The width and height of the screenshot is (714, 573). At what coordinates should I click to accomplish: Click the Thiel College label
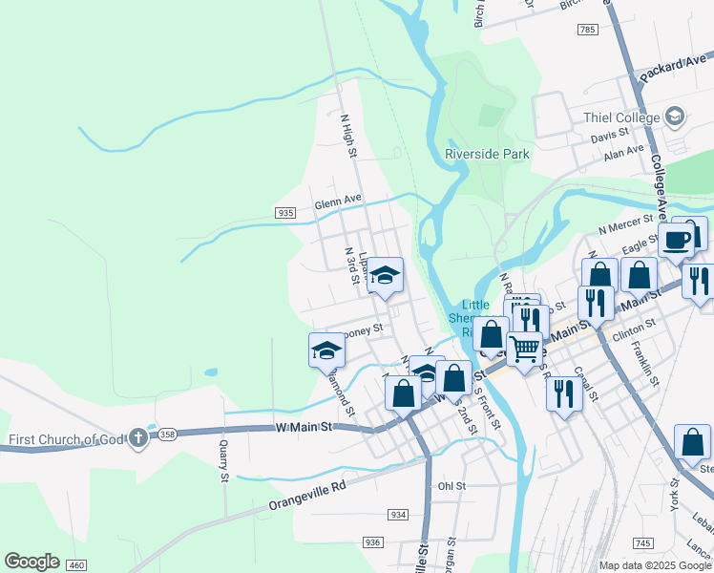pyautogui.click(x=622, y=117)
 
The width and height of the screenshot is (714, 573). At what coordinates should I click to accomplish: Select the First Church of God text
pyautogui.click(x=65, y=440)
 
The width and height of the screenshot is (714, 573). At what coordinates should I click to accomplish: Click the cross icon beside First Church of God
pyautogui.click(x=138, y=439)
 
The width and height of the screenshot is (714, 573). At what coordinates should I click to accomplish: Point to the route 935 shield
pyautogui.click(x=284, y=213)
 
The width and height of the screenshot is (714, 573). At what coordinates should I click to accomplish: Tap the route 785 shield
pyautogui.click(x=587, y=31)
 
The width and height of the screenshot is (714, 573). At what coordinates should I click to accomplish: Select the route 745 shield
pyautogui.click(x=643, y=543)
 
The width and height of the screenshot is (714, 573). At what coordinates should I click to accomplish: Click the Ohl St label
pyautogui.click(x=451, y=486)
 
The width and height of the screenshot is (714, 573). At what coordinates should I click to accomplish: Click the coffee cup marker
pyautogui.click(x=677, y=241)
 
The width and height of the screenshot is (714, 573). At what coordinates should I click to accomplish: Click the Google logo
pyautogui.click(x=31, y=562)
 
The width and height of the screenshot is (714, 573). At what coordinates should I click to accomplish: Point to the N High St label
pyautogui.click(x=348, y=136)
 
